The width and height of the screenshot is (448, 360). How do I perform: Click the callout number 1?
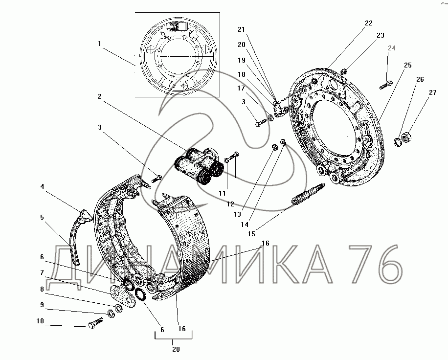click(99, 44)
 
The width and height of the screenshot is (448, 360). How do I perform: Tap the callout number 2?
click(99, 96)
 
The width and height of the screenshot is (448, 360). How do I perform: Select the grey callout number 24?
click(391, 48)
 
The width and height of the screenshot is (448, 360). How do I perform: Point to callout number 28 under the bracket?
click(176, 349)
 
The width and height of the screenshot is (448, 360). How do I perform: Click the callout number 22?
click(369, 23)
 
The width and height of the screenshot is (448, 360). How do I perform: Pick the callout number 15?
click(251, 234)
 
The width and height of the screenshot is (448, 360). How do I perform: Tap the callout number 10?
click(40, 321)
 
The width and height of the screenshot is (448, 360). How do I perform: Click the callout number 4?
click(42, 186)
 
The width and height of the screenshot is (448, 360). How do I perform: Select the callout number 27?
click(432, 92)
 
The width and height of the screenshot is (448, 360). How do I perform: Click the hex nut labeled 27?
click(406, 137)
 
